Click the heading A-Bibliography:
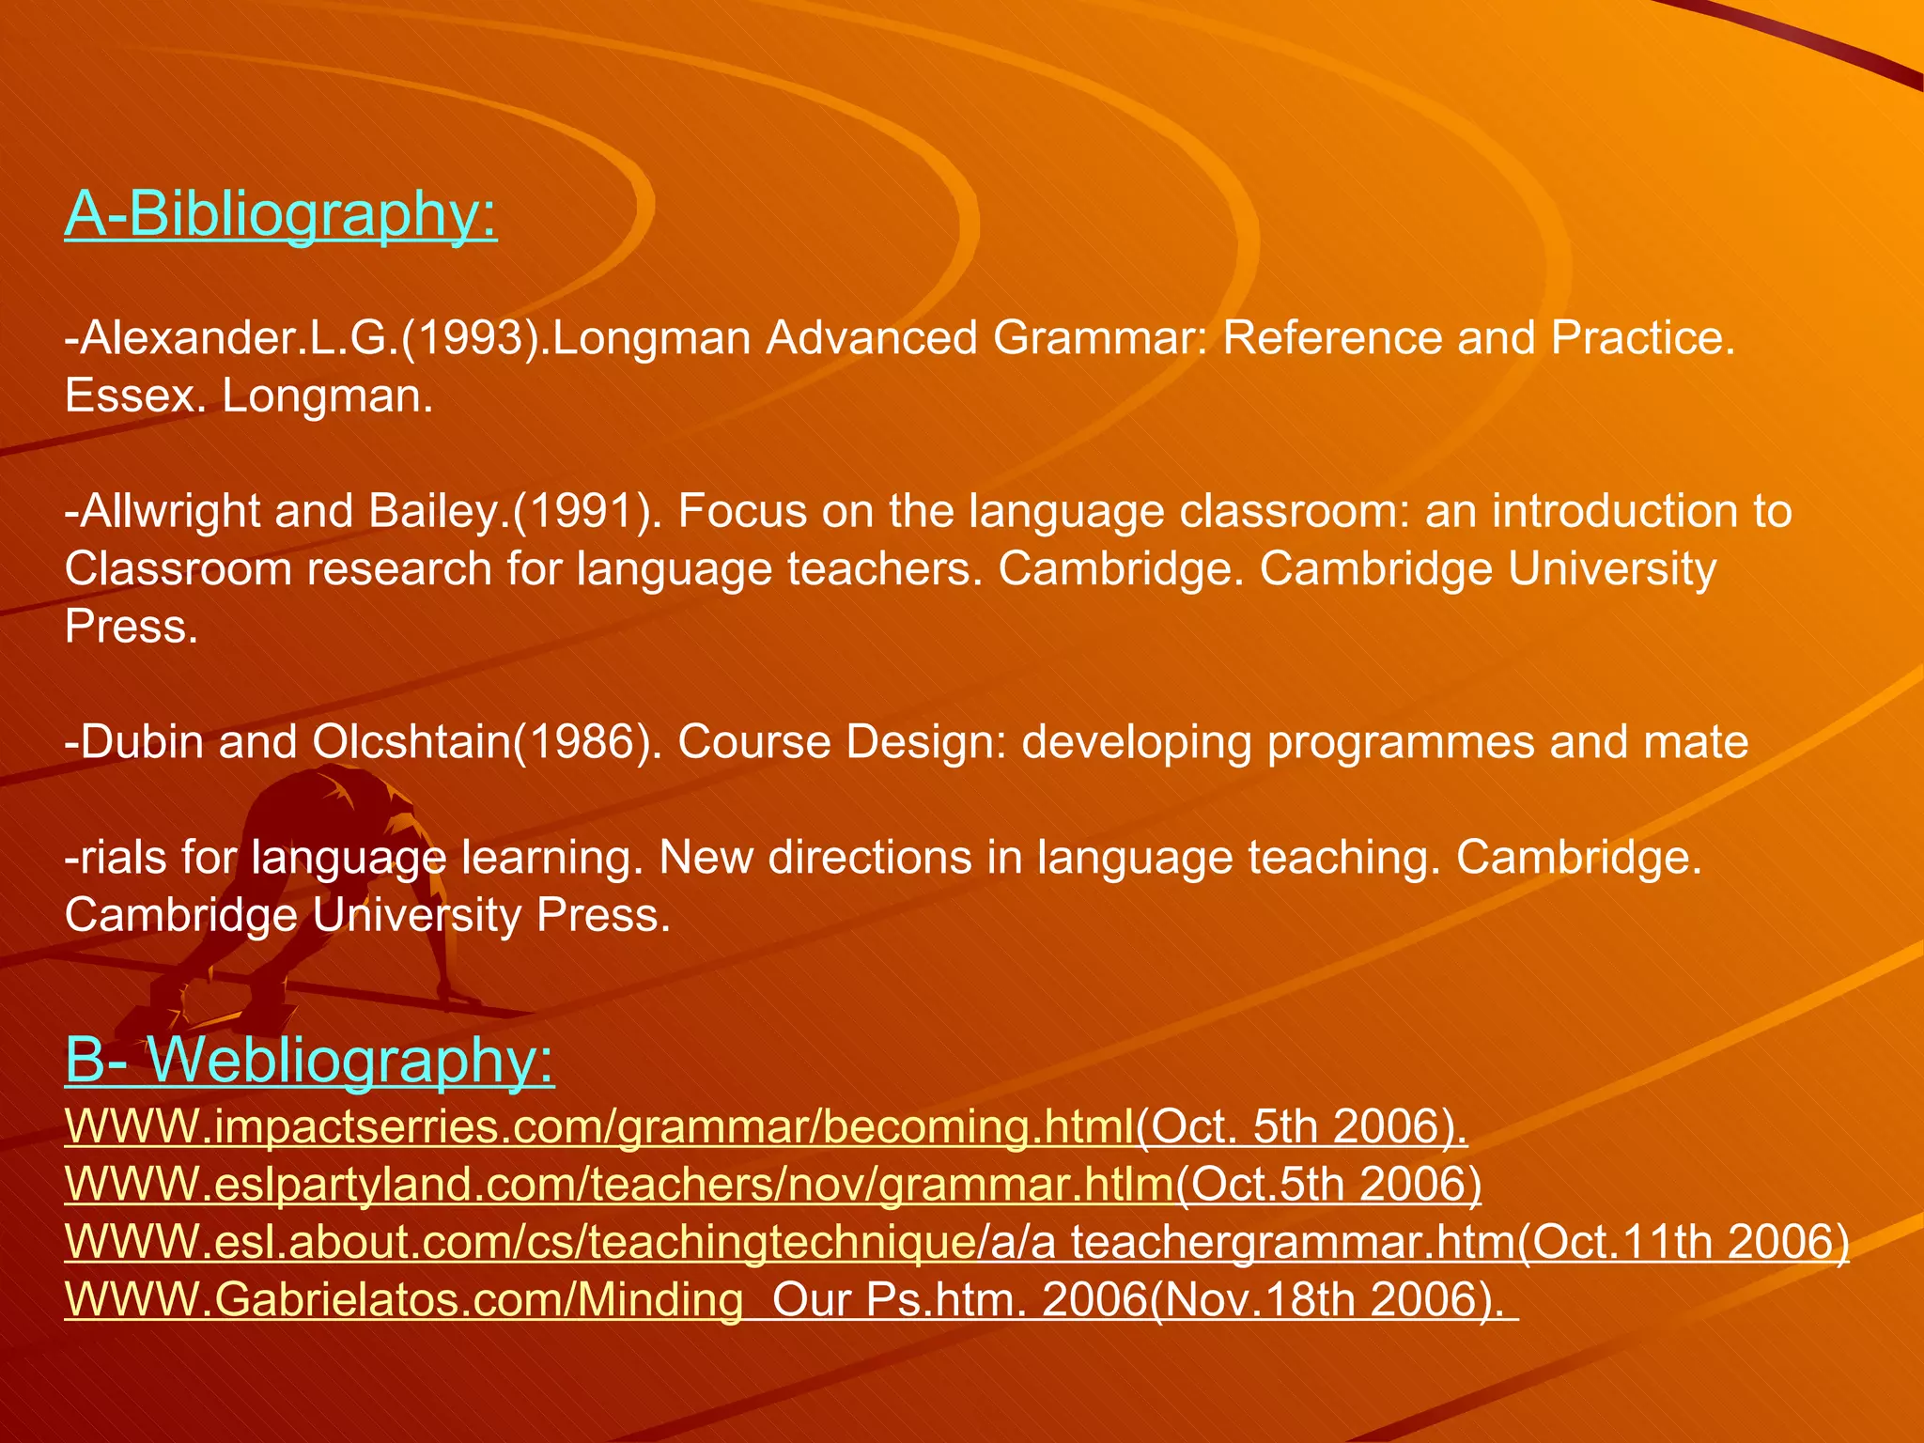pyautogui.click(x=280, y=214)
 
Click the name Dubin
pyautogui.click(x=142, y=742)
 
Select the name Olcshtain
pyautogui.click(x=410, y=742)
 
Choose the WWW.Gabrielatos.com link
pyautogui.click(x=404, y=1300)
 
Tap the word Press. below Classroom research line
pyautogui.click(x=131, y=628)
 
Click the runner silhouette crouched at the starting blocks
pyautogui.click(x=310, y=892)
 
